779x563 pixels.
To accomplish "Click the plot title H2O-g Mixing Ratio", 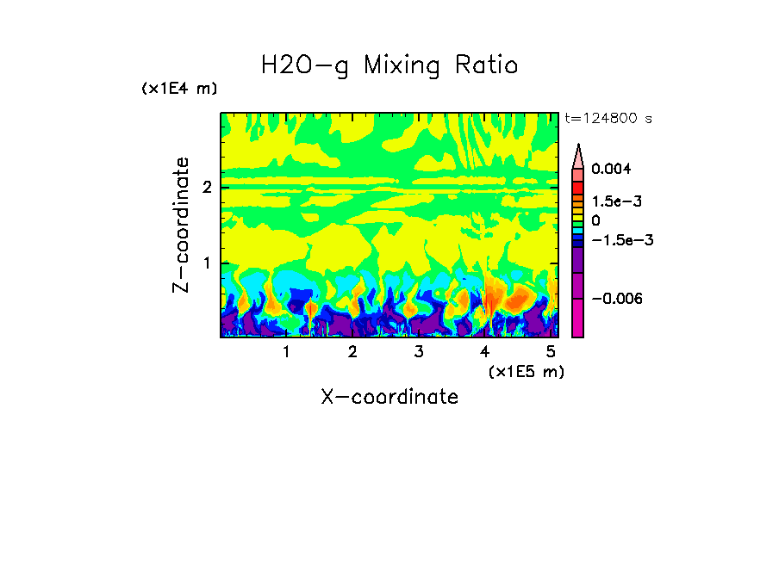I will tap(389, 65).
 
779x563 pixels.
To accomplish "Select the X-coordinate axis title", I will tap(389, 397).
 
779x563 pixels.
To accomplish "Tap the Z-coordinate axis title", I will tap(181, 225).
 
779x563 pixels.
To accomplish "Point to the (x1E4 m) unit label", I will tap(179, 89).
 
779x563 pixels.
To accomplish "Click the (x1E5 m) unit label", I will tap(526, 371).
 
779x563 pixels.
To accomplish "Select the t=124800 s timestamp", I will tap(608, 119).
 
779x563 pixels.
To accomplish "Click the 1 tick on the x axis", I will tap(286, 352).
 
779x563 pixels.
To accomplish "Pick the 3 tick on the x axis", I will tap(418, 352).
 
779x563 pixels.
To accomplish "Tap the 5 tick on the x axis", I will tap(551, 352).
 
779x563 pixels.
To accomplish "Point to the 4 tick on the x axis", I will tap(485, 352).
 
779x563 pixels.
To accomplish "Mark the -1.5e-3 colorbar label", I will tap(620, 240).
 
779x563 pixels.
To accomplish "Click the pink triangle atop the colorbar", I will tap(578, 156).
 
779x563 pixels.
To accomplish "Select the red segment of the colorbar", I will tap(578, 187).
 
